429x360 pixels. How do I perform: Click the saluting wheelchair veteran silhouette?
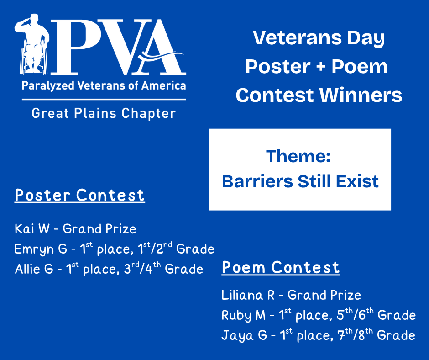[32, 44]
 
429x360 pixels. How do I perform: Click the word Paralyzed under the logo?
[48, 86]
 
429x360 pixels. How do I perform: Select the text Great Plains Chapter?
[104, 113]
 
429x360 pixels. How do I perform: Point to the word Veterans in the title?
[297, 38]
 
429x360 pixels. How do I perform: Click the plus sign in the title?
[321, 67]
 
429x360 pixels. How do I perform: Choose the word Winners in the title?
[361, 95]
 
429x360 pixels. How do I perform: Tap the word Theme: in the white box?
[298, 156]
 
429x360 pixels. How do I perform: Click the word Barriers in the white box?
[257, 181]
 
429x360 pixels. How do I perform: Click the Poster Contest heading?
[79, 196]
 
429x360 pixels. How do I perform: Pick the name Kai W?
[32, 229]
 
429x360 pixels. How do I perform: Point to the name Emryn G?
[41, 249]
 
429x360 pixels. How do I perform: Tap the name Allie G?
[34, 269]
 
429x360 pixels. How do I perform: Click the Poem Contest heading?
[281, 267]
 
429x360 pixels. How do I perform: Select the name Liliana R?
[248, 295]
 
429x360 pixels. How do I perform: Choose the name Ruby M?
[244, 316]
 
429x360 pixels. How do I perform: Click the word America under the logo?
[163, 86]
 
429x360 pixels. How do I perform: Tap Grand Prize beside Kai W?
[99, 229]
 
